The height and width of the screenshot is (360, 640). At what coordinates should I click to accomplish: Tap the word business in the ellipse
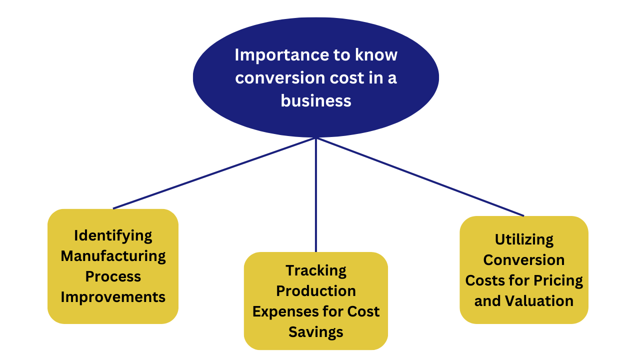click(316, 101)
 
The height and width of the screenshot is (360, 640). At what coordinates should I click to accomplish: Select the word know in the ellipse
click(376, 54)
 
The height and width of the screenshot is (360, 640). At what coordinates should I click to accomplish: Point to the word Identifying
click(113, 236)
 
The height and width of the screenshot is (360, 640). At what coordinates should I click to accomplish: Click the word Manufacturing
click(113, 256)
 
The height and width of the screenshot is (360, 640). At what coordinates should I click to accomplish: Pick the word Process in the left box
click(113, 276)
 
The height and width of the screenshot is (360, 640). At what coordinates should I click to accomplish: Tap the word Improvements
click(113, 297)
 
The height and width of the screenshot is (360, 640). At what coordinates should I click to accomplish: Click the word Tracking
click(316, 271)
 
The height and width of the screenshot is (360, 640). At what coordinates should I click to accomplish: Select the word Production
click(316, 291)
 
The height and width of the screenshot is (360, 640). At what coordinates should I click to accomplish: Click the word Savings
click(316, 332)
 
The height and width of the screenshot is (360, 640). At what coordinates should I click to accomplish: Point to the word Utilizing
click(524, 240)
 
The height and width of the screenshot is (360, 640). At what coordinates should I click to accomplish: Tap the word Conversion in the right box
click(524, 260)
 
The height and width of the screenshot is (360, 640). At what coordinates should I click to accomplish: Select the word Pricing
click(558, 281)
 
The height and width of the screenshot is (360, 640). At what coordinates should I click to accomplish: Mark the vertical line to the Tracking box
click(316, 195)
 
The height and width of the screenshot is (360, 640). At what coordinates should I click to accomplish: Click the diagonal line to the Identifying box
click(214, 173)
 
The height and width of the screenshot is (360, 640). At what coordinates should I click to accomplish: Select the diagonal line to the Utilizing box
click(420, 177)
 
